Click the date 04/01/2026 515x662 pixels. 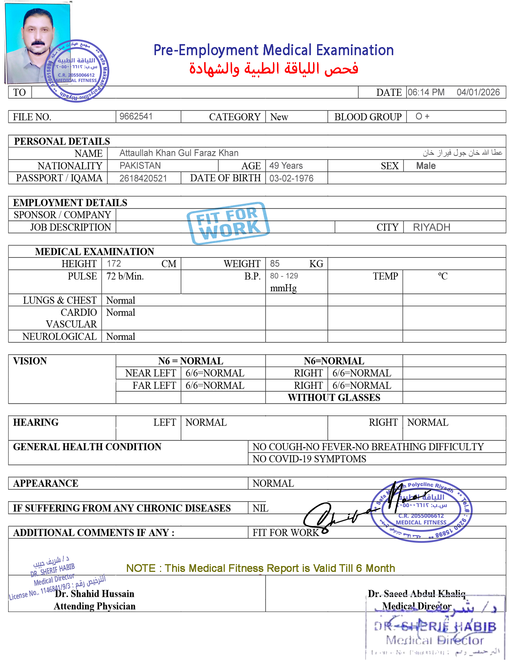click(478, 92)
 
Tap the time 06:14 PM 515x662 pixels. click(426, 92)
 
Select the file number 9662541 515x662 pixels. click(136, 116)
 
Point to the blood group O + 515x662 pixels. click(422, 116)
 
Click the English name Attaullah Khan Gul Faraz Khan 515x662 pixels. click(179, 153)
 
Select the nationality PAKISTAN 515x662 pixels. click(140, 165)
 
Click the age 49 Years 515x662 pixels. click(286, 165)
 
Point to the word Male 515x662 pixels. click(426, 166)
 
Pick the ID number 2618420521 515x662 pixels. click(143, 178)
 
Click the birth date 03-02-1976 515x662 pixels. click(291, 178)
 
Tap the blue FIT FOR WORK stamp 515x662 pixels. click(228, 223)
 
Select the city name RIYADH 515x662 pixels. click(431, 227)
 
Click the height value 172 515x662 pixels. click(114, 263)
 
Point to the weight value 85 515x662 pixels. click(274, 263)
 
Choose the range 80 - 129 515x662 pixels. click(284, 276)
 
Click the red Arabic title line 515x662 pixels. click(274, 69)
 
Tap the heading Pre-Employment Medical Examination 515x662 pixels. click(274, 50)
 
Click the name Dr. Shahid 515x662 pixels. click(77, 594)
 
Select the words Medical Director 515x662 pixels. click(416, 606)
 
